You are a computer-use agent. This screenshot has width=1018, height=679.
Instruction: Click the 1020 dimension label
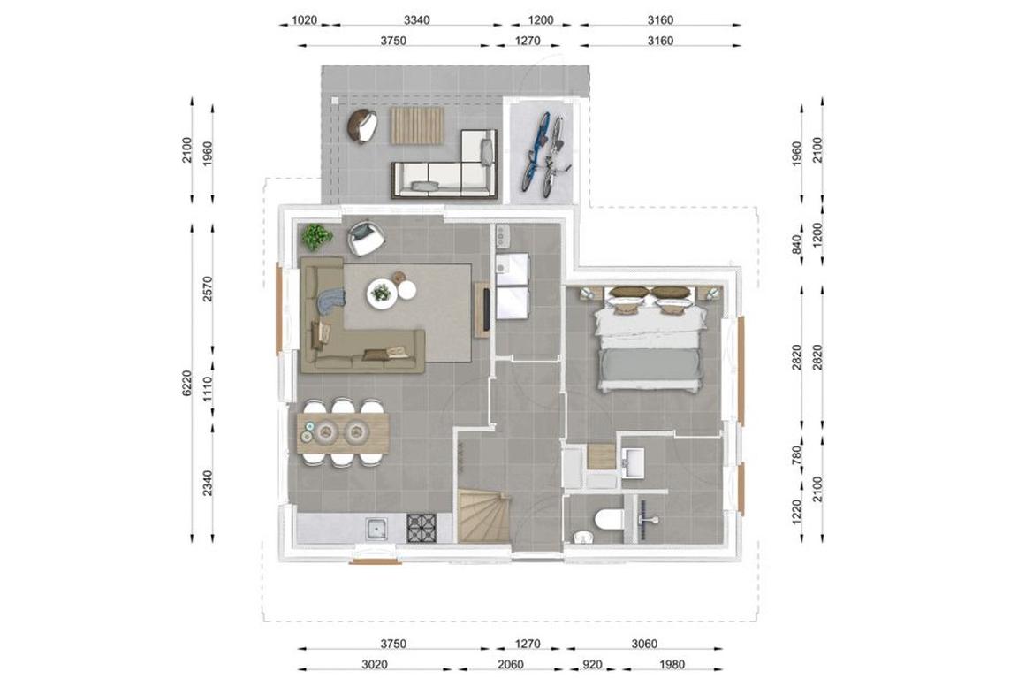[x=304, y=20]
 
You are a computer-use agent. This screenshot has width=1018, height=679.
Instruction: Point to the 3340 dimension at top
[x=416, y=20]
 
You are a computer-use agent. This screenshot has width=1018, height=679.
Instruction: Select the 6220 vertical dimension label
[x=187, y=384]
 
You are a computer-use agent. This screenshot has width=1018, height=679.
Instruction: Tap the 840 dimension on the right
[x=798, y=244]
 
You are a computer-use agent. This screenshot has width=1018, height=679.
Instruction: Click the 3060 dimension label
[x=644, y=644]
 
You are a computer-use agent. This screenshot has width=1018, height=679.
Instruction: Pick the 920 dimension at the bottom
[x=592, y=665]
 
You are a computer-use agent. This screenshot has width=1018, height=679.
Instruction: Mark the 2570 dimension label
[x=208, y=289]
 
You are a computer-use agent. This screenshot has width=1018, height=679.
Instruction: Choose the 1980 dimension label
[x=672, y=665]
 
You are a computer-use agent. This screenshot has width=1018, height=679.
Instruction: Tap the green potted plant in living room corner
[x=317, y=237]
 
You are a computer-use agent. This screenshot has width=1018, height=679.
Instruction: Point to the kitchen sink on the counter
[x=376, y=528]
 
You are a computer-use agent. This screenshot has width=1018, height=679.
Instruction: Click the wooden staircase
[x=484, y=516]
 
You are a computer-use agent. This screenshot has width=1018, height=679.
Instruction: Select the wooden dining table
[x=344, y=432]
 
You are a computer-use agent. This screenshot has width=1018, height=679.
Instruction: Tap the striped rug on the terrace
[x=417, y=126]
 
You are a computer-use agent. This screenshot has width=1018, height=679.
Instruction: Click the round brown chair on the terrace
[x=362, y=126]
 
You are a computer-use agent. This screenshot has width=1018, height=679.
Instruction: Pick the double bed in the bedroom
[x=650, y=338]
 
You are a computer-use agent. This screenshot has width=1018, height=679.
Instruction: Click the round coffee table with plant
[x=382, y=293]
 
